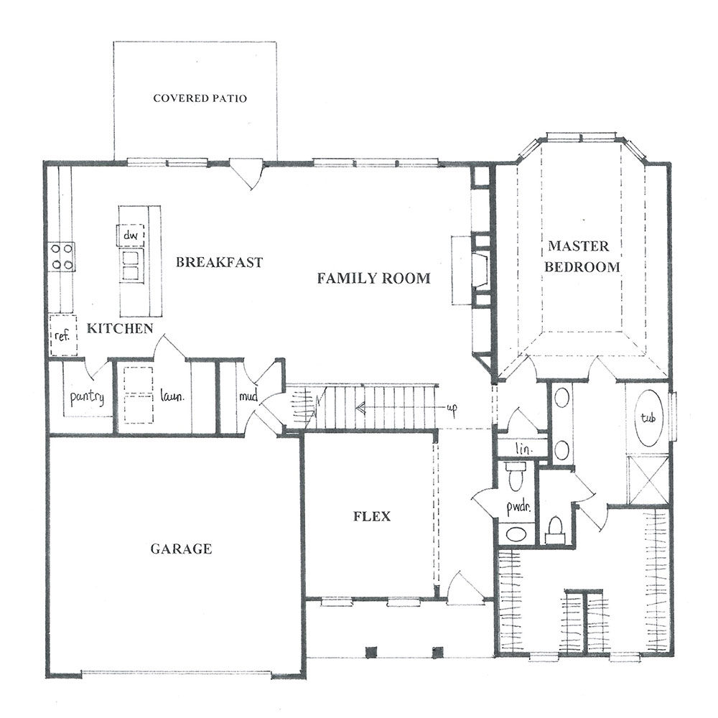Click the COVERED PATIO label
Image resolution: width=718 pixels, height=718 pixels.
click(200, 98)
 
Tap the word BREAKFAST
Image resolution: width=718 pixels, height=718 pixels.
click(219, 262)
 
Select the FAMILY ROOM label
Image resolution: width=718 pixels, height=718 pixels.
click(373, 278)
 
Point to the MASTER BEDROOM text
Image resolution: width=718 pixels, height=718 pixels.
click(581, 256)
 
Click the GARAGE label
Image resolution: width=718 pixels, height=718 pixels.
click(181, 549)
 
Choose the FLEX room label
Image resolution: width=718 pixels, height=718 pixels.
click(372, 516)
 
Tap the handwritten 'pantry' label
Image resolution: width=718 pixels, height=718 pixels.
click(87, 397)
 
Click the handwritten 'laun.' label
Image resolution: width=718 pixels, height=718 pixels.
click(172, 396)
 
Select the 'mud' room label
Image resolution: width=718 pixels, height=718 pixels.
click(248, 396)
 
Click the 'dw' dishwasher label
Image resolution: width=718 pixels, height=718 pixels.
click(131, 236)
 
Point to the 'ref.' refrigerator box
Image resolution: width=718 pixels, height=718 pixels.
click(63, 335)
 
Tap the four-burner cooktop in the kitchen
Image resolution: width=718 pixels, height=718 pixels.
click(62, 256)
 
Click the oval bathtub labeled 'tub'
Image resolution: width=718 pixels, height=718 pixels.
click(648, 418)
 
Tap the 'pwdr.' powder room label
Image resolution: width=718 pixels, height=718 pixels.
click(518, 507)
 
